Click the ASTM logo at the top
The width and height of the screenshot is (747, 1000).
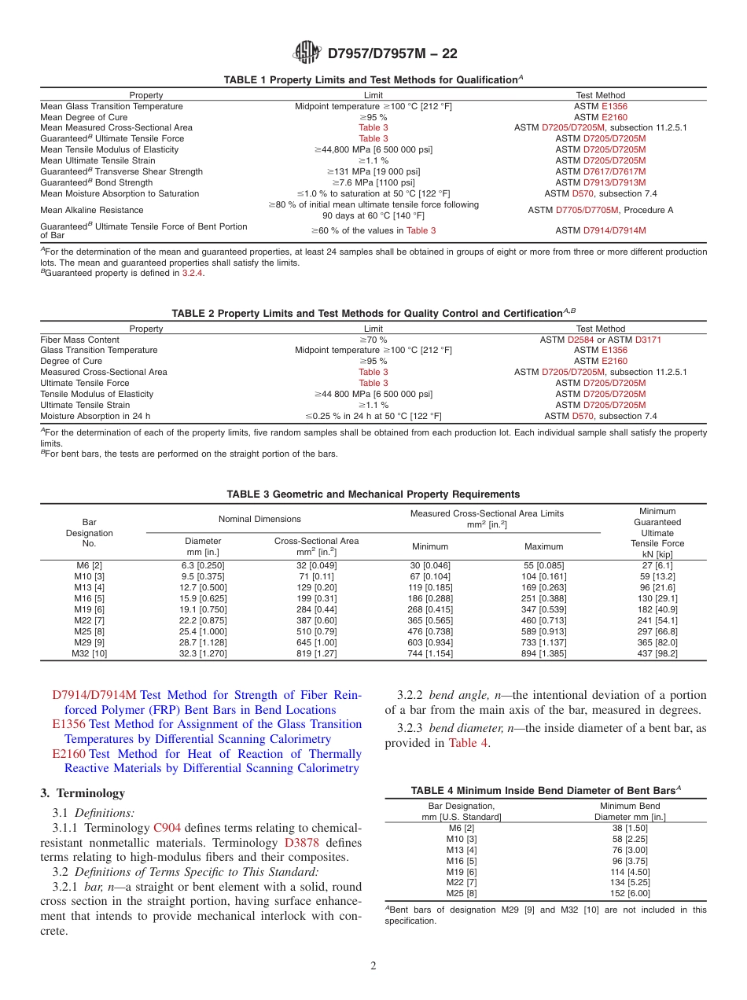click(307, 53)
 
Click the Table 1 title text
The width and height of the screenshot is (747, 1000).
click(373, 79)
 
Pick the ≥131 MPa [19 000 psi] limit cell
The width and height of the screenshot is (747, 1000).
click(373, 171)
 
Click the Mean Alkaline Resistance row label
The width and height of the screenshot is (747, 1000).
click(92, 210)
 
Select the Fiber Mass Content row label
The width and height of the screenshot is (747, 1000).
click(79, 340)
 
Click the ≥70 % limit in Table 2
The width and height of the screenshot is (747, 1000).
click(373, 340)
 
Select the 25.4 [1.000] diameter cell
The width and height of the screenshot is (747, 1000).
click(203, 630)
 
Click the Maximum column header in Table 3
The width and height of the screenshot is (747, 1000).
click(543, 546)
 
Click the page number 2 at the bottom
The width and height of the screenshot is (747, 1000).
click(373, 966)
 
